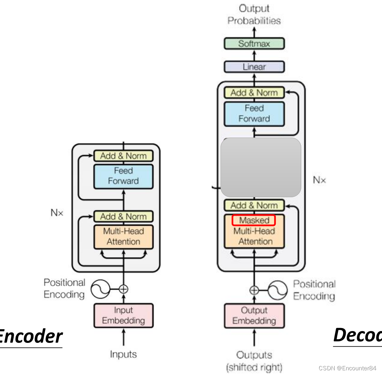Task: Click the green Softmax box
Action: [254, 44]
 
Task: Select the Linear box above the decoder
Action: [254, 67]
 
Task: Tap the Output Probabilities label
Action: [254, 14]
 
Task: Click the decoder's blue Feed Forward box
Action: [254, 113]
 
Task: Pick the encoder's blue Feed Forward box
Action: [123, 176]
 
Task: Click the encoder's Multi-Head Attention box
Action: [123, 236]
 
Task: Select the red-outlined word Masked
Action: [254, 220]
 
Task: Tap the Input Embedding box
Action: [123, 315]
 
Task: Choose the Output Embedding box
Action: [254, 315]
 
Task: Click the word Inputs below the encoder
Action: [123, 354]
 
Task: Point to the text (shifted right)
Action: [254, 367]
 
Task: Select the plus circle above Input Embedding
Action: [124, 289]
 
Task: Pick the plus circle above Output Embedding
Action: [254, 290]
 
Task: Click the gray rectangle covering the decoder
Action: [261, 167]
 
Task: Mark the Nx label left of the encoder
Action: [57, 213]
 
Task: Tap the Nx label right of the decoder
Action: [319, 180]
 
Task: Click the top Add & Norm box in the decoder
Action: [254, 93]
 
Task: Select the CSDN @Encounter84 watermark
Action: [347, 368]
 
